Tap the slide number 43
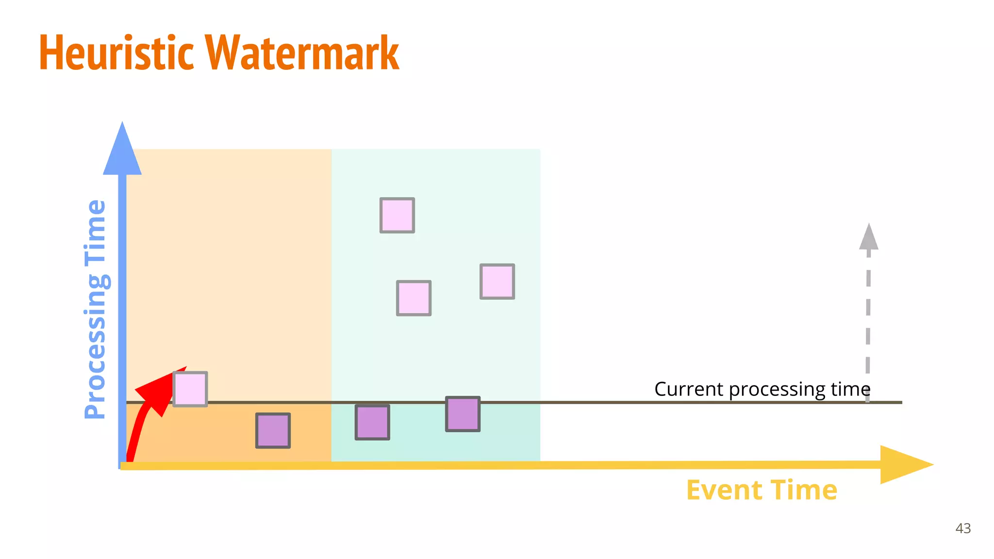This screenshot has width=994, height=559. (x=963, y=528)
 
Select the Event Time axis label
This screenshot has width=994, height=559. (x=761, y=490)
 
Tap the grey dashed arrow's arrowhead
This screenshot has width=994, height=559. (x=868, y=238)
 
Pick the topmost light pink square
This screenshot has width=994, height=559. (x=397, y=215)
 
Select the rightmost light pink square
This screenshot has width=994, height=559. (x=497, y=281)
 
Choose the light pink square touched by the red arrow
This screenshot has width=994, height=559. (x=190, y=389)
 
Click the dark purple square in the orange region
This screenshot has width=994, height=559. (x=273, y=430)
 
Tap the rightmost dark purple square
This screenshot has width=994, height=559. (x=463, y=414)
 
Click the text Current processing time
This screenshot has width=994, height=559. (x=762, y=389)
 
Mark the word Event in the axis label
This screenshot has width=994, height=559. (x=723, y=490)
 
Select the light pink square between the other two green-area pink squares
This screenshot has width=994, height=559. (x=414, y=298)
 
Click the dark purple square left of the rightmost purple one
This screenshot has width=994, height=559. (x=372, y=422)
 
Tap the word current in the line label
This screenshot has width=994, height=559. (x=689, y=389)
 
